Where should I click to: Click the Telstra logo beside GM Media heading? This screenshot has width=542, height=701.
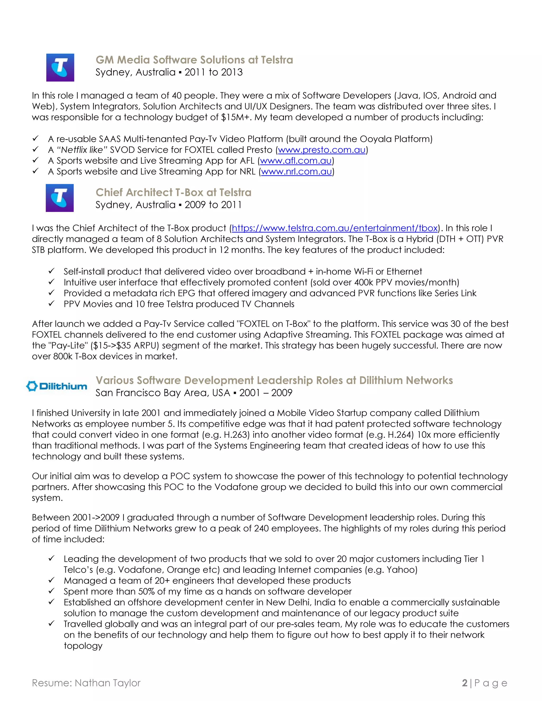click(x=60, y=67)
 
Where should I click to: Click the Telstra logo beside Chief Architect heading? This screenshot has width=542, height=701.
click(x=60, y=198)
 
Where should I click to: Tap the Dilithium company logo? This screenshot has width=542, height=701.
click(x=57, y=386)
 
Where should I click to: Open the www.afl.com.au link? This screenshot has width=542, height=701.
click(x=296, y=161)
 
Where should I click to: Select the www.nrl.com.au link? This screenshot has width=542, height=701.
click(x=296, y=172)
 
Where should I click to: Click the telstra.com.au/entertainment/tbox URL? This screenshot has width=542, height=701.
click(x=335, y=228)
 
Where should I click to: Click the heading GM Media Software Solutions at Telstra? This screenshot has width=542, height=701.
click(x=194, y=60)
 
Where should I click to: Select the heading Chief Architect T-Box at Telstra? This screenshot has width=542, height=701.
click(x=173, y=193)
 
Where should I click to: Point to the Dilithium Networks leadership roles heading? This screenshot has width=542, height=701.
click(x=274, y=380)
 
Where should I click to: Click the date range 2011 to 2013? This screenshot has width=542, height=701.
click(x=214, y=72)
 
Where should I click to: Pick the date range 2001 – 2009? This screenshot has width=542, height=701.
click(x=265, y=393)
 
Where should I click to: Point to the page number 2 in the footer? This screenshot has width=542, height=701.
click(x=465, y=683)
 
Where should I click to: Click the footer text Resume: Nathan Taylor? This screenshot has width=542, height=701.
click(x=86, y=683)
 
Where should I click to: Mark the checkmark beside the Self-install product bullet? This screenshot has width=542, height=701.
click(x=51, y=271)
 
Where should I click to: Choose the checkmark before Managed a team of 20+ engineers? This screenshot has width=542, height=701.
click(x=51, y=580)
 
